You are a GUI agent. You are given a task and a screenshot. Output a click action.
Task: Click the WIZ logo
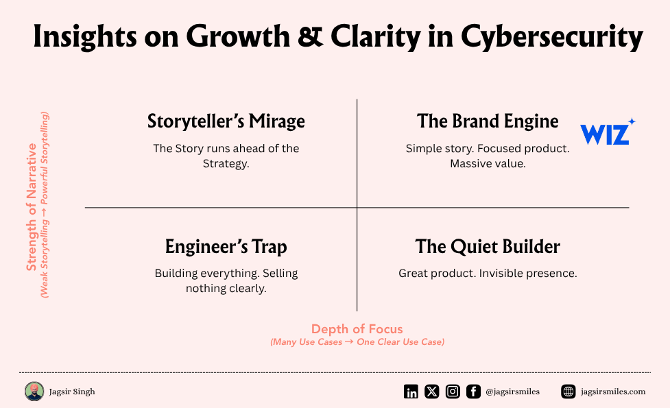607,132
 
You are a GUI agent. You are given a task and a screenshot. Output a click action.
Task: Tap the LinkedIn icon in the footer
411,392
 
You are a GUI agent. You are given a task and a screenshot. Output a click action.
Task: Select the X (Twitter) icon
431,392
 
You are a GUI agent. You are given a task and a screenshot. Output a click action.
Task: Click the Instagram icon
453,392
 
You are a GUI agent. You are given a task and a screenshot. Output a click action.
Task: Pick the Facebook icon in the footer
473,392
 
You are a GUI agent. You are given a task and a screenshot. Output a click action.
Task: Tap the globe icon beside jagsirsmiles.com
569,392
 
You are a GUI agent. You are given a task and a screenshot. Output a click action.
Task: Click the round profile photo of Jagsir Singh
34,392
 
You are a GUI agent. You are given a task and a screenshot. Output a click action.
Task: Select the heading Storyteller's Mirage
226,121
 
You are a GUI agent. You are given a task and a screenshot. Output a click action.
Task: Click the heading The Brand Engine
488,121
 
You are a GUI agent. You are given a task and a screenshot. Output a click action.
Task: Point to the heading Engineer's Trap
226,247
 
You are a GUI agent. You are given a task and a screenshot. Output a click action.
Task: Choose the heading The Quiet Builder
488,247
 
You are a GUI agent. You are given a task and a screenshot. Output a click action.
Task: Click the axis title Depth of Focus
357,329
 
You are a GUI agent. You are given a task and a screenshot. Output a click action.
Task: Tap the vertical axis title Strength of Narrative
31,207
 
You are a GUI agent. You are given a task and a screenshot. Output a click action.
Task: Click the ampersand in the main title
310,37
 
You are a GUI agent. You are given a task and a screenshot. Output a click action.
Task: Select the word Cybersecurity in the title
551,38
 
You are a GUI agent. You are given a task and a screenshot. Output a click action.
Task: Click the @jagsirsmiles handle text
513,392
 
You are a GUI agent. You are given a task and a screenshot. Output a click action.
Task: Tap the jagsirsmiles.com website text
613,392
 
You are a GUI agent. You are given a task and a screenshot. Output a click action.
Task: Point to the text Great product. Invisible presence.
488,274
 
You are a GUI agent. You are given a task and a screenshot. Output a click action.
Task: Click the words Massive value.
488,164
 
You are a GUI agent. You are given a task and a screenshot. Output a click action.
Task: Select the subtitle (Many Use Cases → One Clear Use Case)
357,342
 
